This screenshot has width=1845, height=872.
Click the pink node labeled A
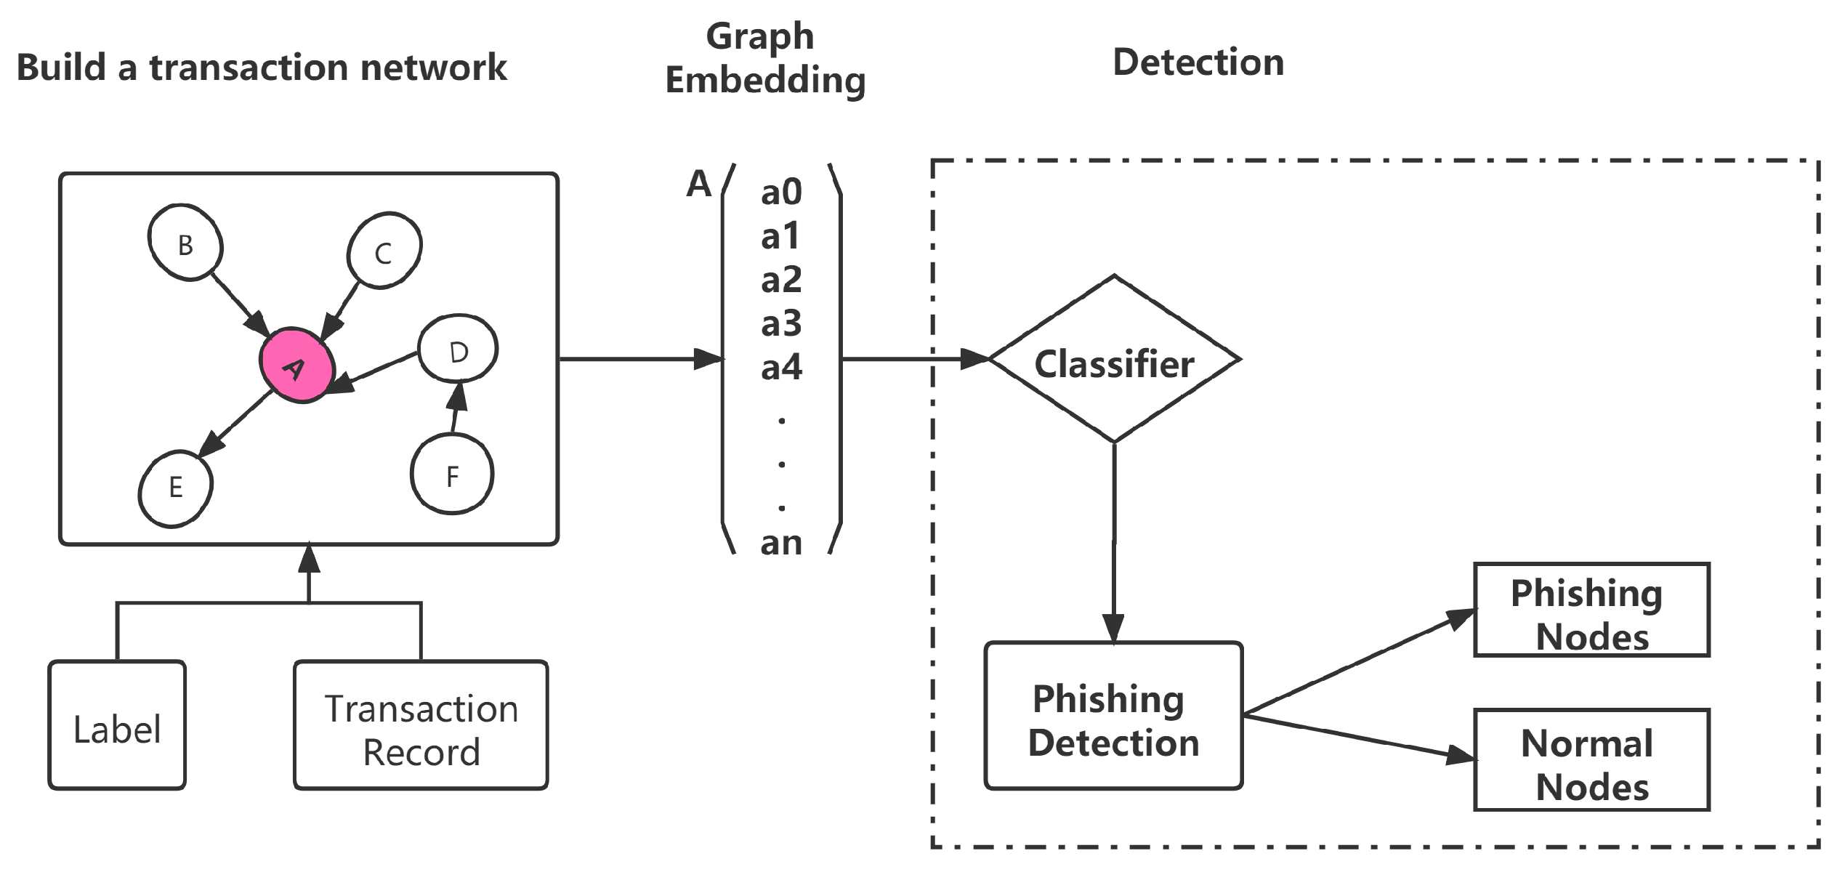(x=296, y=366)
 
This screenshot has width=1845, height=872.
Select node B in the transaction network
(x=185, y=243)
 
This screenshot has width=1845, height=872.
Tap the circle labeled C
(x=384, y=251)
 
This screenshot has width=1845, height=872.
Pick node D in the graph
(x=458, y=350)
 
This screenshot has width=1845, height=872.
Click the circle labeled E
(x=175, y=488)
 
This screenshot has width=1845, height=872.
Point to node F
(x=452, y=475)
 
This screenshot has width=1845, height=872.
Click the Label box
(x=117, y=726)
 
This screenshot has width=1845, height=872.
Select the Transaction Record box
(x=421, y=726)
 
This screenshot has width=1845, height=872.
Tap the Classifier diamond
(x=1114, y=361)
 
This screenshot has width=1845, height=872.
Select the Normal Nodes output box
(x=1591, y=761)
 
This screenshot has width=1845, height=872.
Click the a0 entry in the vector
(x=781, y=193)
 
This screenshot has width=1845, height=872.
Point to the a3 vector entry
(x=781, y=324)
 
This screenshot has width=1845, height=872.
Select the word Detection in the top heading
(x=1198, y=62)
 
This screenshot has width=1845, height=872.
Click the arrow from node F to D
(x=456, y=408)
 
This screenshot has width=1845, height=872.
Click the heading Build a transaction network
(x=262, y=68)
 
